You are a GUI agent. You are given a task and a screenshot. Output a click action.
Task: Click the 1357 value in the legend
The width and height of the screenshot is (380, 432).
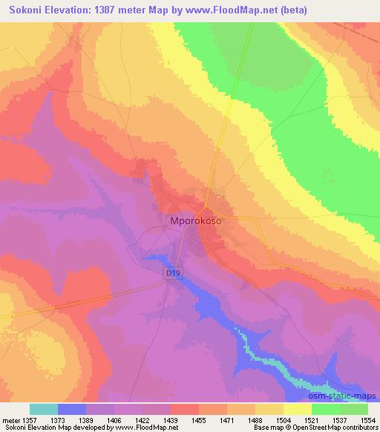32,419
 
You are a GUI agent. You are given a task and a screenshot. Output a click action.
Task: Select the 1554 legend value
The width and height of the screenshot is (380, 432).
368,419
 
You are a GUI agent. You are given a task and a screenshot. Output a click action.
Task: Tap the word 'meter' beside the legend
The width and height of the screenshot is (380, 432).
10,419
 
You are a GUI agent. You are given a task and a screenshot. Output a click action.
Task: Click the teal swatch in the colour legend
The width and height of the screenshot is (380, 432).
44,409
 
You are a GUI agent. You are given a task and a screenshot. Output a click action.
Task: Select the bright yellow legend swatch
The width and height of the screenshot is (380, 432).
298,409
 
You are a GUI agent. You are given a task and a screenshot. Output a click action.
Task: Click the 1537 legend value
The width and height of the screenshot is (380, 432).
341,419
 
